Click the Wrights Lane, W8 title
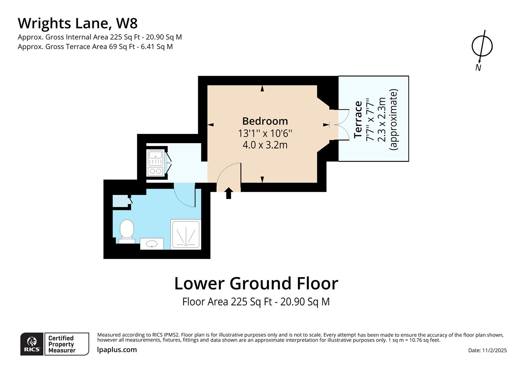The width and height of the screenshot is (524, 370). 78,23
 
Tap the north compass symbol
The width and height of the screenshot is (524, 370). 482,46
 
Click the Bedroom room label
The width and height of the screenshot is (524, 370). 265,121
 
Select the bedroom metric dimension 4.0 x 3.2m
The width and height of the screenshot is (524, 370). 265,145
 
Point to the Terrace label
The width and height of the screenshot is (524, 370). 358,119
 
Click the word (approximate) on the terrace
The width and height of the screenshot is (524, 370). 394,119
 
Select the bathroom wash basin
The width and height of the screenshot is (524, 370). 152,244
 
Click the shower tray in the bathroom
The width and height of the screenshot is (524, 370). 186,234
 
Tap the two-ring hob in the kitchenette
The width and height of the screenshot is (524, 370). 155,171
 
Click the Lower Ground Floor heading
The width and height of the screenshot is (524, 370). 256,284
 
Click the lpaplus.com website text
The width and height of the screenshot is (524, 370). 117,350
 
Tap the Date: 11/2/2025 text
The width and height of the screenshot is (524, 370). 487,350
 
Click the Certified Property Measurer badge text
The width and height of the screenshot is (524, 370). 62,344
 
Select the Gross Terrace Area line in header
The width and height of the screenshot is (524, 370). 95,47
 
